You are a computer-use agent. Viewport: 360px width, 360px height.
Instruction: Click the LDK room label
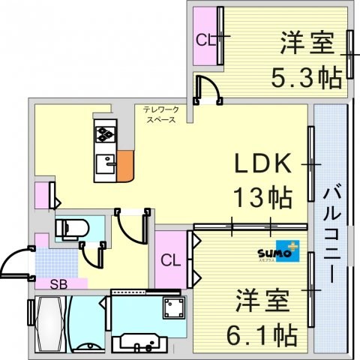[x=262, y=164]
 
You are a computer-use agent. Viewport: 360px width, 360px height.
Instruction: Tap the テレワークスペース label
[x=160, y=114]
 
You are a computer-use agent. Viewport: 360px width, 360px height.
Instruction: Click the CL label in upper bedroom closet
[x=205, y=40]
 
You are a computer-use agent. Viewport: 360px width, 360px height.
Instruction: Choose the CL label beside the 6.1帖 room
[x=171, y=261]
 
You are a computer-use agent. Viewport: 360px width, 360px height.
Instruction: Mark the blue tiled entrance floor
[x=56, y=262]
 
